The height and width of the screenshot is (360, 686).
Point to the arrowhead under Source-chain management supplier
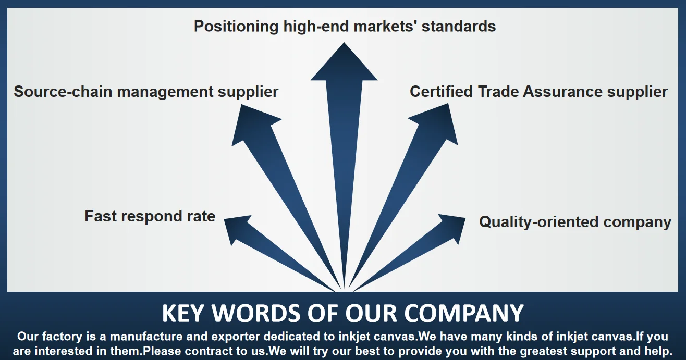(x=254, y=123)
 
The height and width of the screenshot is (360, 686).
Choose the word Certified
(x=442, y=92)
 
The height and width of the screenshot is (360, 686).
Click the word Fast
(x=99, y=216)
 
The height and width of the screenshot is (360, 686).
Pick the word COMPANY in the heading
(x=464, y=314)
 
